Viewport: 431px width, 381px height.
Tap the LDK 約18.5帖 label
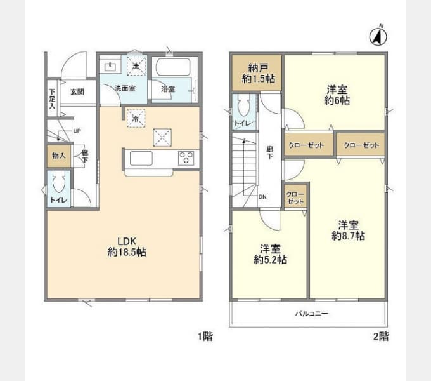(x=132, y=246)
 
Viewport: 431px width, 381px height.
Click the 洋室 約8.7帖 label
(x=348, y=230)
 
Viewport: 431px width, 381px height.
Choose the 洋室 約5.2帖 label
(x=270, y=254)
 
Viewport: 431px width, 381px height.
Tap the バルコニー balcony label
(x=311, y=314)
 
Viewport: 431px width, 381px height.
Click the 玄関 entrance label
(x=77, y=91)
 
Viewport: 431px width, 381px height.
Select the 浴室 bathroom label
(x=167, y=90)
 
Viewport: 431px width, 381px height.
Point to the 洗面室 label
(x=124, y=89)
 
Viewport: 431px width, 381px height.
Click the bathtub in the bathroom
(x=175, y=69)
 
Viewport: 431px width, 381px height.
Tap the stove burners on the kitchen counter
(x=186, y=157)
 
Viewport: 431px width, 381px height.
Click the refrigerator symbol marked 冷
(x=135, y=117)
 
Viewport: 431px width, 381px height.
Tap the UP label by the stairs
(x=77, y=131)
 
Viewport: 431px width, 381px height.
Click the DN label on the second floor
(x=262, y=196)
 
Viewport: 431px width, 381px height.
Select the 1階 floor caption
(x=203, y=337)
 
